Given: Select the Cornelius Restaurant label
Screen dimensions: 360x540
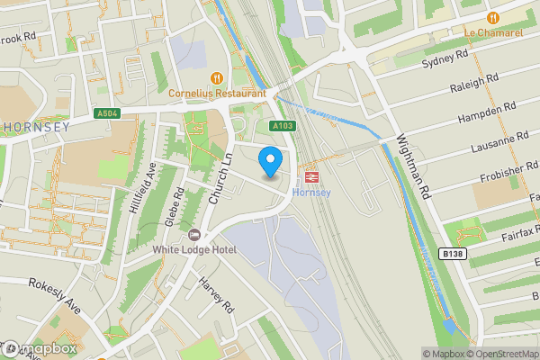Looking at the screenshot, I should [x=217, y=93].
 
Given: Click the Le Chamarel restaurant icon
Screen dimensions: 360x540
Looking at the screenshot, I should [x=492, y=18].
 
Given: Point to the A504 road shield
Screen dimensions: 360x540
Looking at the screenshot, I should [x=106, y=112].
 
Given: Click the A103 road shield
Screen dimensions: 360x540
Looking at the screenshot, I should [x=282, y=126].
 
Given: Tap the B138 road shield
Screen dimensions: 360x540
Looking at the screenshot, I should [x=453, y=255].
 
